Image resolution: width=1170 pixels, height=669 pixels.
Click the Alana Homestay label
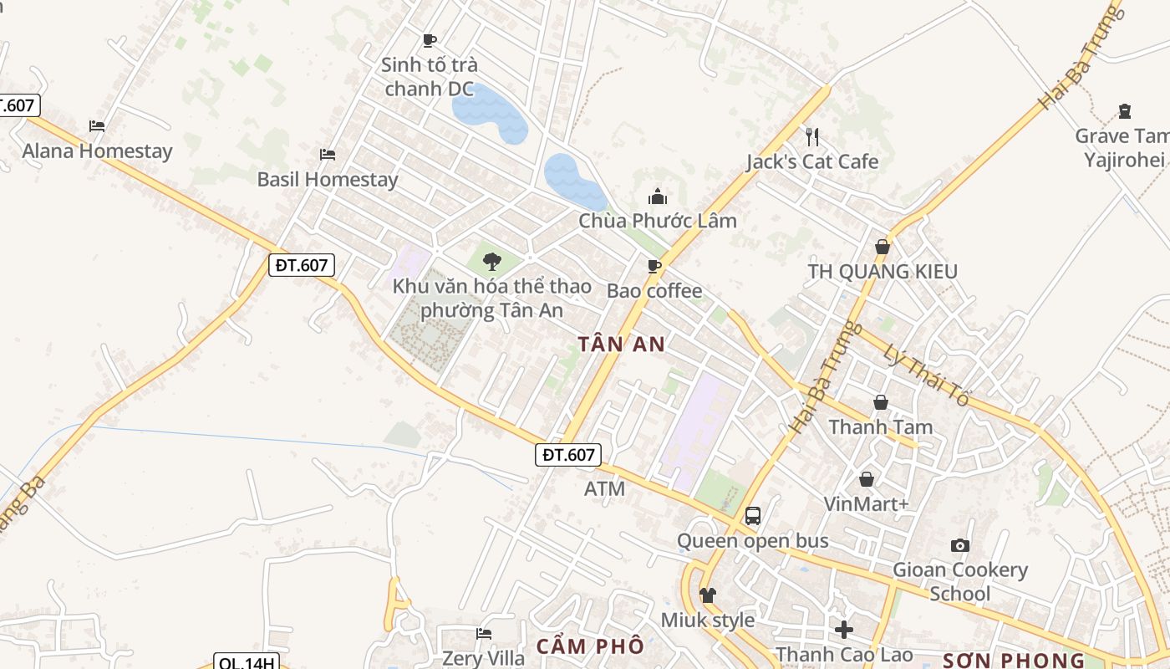[97, 151]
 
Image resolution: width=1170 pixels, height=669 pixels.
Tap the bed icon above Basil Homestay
[328, 155]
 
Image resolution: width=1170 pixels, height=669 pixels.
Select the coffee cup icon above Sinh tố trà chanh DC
[430, 40]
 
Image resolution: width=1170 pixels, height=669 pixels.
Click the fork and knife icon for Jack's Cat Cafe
[812, 136]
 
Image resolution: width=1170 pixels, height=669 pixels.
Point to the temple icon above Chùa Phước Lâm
[658, 197]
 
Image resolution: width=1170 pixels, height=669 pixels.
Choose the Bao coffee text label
[654, 291]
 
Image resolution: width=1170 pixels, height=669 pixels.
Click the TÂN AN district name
[622, 345]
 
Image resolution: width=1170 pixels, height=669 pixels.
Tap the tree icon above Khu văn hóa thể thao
[491, 261]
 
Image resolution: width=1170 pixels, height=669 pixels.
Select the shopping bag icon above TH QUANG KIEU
[882, 247]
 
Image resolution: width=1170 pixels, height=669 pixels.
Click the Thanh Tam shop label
[880, 427]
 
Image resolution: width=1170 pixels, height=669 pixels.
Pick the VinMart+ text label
[866, 504]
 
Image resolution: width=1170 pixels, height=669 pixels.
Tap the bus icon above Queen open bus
[753, 515]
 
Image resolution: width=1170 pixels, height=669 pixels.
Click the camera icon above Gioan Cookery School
[960, 545]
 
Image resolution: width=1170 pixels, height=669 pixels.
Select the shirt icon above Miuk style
[708, 595]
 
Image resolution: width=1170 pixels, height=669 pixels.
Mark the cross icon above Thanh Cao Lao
[844, 629]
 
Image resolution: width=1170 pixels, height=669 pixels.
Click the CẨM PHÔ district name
[590, 646]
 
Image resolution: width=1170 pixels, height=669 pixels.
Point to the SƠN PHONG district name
[1013, 661]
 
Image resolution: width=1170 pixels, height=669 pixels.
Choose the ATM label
[605, 488]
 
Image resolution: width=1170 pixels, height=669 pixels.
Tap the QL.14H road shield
[246, 663]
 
